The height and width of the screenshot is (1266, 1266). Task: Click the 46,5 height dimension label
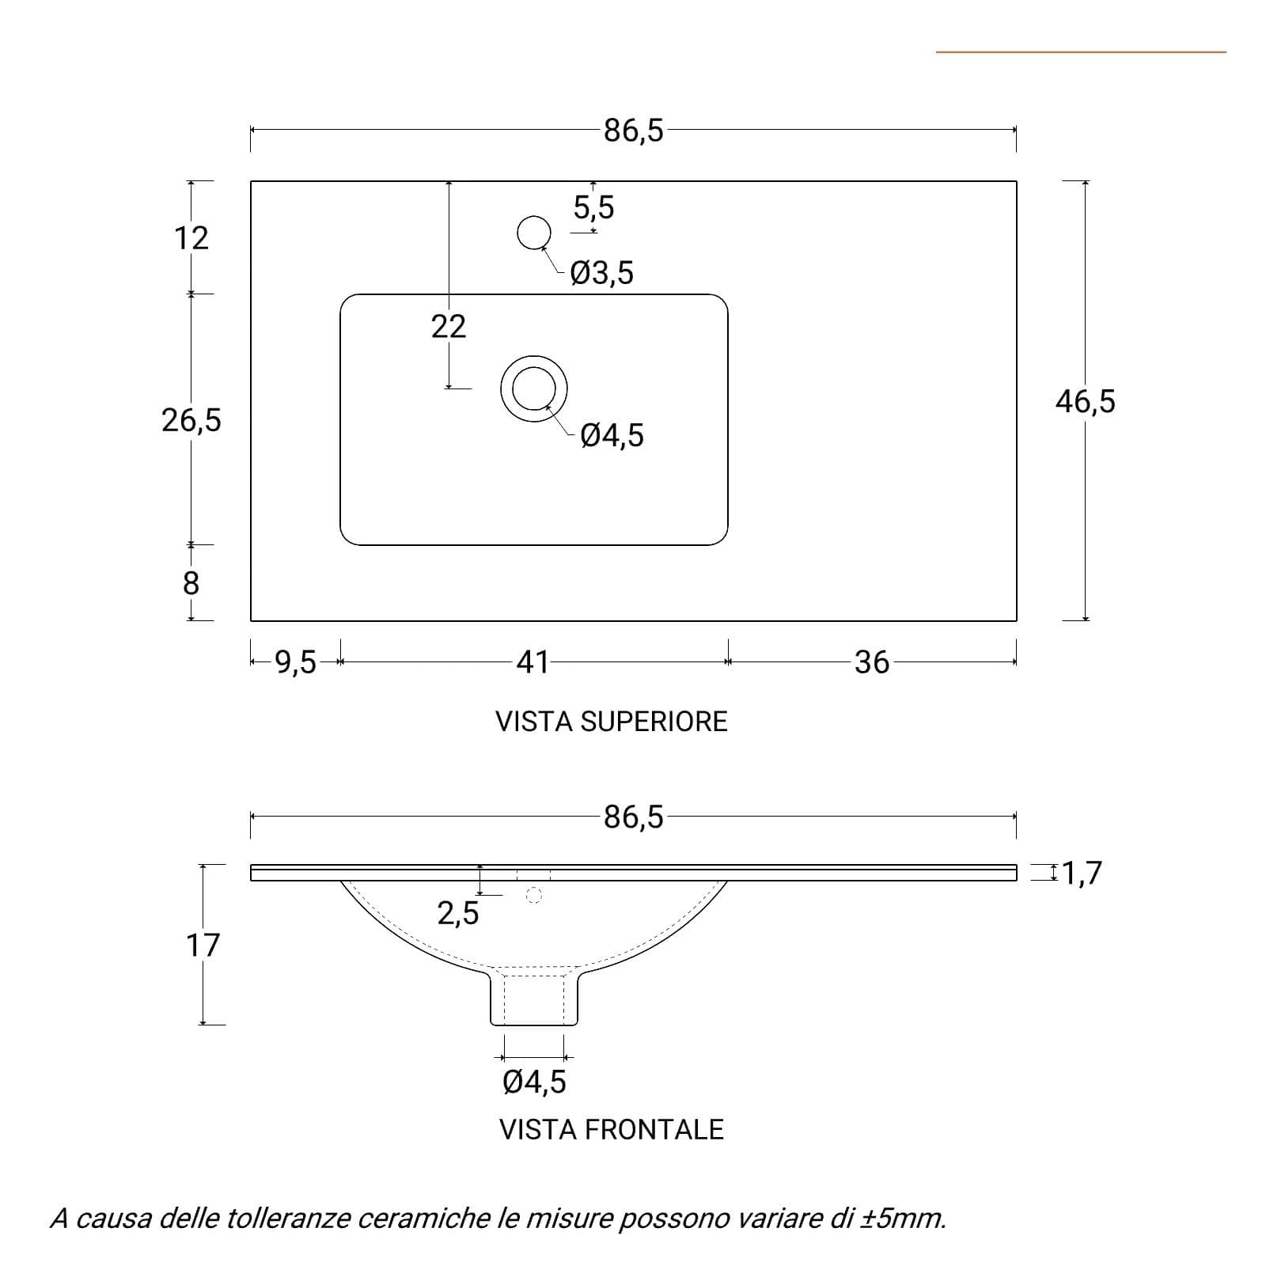point(1085,402)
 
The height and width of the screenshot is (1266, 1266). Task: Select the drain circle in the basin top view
point(534,389)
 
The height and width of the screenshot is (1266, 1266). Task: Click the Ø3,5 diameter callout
point(602,273)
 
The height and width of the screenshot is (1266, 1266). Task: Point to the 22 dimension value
point(449,326)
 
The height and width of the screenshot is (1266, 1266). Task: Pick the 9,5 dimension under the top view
point(296,661)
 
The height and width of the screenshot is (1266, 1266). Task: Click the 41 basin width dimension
point(533,661)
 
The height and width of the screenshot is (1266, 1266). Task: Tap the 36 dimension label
point(872,661)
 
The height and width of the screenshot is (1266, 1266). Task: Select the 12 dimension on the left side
point(191,237)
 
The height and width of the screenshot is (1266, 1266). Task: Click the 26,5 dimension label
point(191,420)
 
